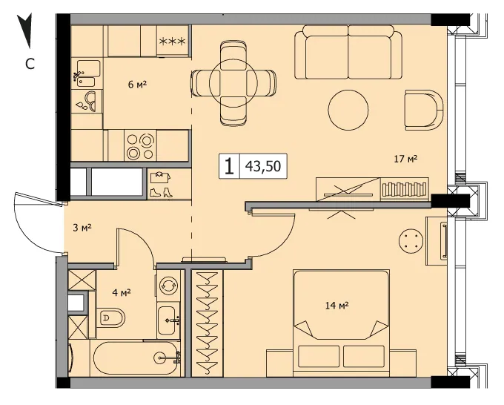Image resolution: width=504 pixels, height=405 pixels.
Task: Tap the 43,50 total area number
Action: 263,166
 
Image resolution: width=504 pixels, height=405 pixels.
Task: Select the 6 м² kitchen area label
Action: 137,85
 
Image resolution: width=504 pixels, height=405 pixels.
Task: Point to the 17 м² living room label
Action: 405,159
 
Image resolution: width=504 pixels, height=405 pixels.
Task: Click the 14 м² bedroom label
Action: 336,306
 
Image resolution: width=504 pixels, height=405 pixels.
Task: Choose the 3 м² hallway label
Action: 82,228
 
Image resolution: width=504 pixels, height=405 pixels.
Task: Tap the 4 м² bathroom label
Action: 121,293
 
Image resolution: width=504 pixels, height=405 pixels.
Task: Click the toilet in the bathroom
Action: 110,317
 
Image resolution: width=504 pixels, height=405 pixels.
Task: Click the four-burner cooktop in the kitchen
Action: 141,147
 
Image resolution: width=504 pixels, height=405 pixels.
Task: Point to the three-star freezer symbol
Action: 173,42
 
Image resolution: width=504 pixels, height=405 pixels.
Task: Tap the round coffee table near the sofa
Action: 348,110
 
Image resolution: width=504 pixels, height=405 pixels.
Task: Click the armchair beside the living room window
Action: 424,110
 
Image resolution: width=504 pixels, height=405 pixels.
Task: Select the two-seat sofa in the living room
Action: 348,52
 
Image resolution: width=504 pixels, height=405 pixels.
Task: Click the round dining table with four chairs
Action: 233,83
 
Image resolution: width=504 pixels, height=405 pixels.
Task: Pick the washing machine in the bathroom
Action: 169,285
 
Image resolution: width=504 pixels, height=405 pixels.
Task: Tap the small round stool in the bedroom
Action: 411,240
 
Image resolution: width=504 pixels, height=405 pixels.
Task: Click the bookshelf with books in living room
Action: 405,189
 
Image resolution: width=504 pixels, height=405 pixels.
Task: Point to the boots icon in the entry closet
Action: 161,192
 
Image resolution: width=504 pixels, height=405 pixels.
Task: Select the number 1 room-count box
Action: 229,166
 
